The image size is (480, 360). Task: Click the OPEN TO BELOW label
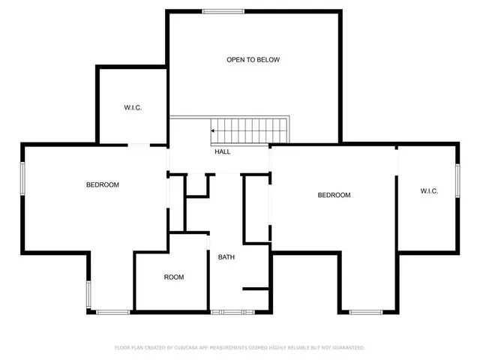click(x=253, y=59)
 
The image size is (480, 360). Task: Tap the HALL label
click(x=223, y=151)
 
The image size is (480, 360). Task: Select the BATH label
click(x=226, y=258)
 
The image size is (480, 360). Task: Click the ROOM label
click(x=174, y=277)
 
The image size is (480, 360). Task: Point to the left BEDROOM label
click(x=102, y=184)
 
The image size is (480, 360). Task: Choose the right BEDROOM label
click(x=334, y=195)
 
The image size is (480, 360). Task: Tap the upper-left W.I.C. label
click(x=133, y=108)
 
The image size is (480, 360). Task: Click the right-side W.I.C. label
click(x=428, y=191)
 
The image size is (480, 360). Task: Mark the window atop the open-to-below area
click(x=223, y=10)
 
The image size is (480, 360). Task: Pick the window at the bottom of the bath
click(x=227, y=311)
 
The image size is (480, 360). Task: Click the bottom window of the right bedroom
click(x=366, y=311)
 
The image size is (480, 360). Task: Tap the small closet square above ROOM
click(x=196, y=186)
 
